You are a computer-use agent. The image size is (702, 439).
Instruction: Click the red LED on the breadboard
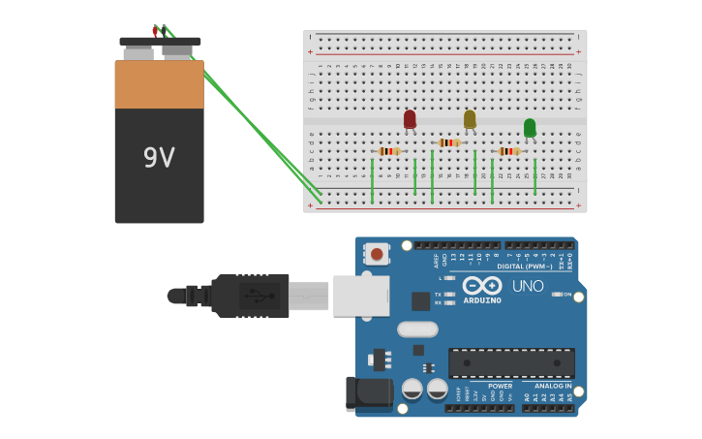[410, 119]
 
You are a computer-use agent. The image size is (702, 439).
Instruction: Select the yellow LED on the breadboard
[470, 119]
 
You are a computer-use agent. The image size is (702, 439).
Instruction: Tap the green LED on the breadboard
[530, 128]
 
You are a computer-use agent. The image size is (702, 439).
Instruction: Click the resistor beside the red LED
[389, 151]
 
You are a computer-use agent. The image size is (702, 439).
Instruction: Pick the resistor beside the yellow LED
[449, 142]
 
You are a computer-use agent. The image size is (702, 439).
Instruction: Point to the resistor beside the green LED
[509, 151]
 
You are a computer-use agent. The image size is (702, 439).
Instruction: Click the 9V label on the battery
[159, 158]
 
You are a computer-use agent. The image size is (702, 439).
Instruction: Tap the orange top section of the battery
[159, 84]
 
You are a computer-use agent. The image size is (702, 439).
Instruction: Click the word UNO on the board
[528, 287]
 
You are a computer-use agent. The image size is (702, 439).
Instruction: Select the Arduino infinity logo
[481, 286]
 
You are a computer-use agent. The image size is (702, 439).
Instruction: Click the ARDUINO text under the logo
[481, 300]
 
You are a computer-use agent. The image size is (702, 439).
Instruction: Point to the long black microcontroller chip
[511, 363]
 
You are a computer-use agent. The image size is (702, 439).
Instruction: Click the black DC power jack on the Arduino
[369, 393]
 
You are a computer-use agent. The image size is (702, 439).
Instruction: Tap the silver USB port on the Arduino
[361, 296]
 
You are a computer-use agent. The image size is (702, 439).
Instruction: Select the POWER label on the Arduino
[500, 386]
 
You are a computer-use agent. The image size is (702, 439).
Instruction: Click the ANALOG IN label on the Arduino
[553, 386]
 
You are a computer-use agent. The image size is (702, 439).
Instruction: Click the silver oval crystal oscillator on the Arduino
[417, 329]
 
